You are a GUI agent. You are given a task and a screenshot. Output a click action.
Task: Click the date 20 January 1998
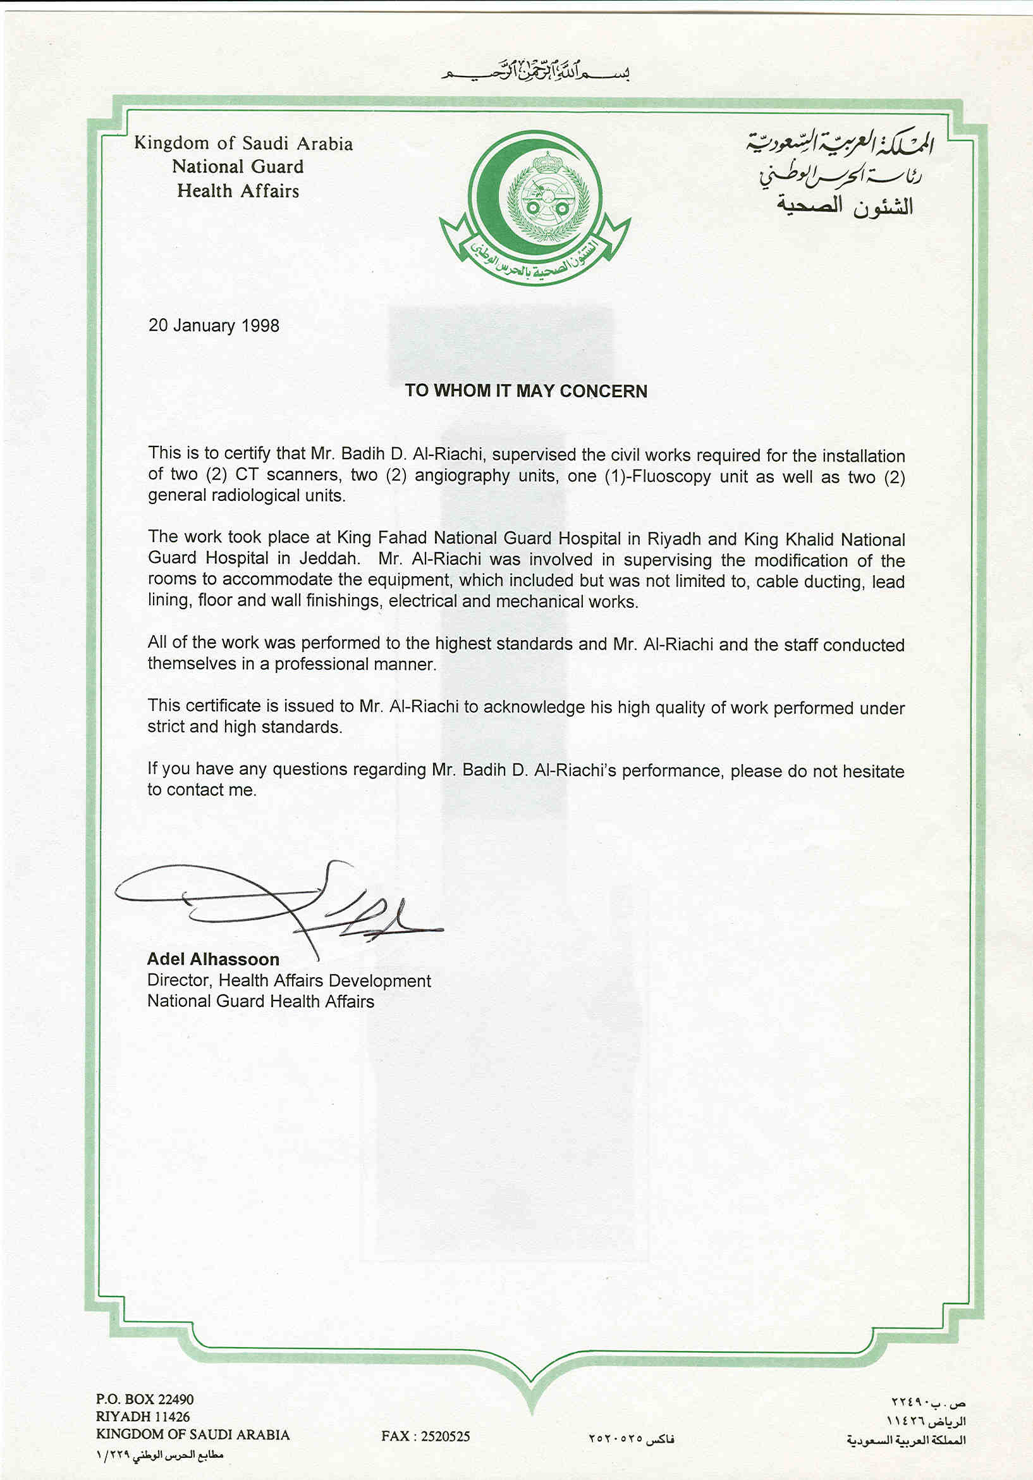[213, 326]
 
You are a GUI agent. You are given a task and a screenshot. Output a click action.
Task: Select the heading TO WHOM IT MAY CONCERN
[526, 392]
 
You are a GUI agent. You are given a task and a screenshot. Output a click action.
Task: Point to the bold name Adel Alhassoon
[212, 959]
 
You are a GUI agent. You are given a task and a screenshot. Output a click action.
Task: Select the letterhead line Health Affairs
[238, 191]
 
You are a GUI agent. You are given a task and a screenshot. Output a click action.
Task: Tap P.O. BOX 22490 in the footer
[144, 1400]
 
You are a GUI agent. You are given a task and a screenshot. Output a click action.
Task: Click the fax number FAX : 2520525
[425, 1436]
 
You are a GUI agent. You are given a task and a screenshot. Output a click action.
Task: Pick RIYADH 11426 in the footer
[142, 1417]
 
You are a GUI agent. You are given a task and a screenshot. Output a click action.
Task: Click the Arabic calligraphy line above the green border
[534, 71]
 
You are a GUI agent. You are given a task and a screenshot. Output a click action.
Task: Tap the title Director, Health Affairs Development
[289, 980]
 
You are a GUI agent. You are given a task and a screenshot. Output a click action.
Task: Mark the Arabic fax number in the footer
[631, 1439]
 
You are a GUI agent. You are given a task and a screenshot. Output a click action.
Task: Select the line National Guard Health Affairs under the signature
[260, 1001]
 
